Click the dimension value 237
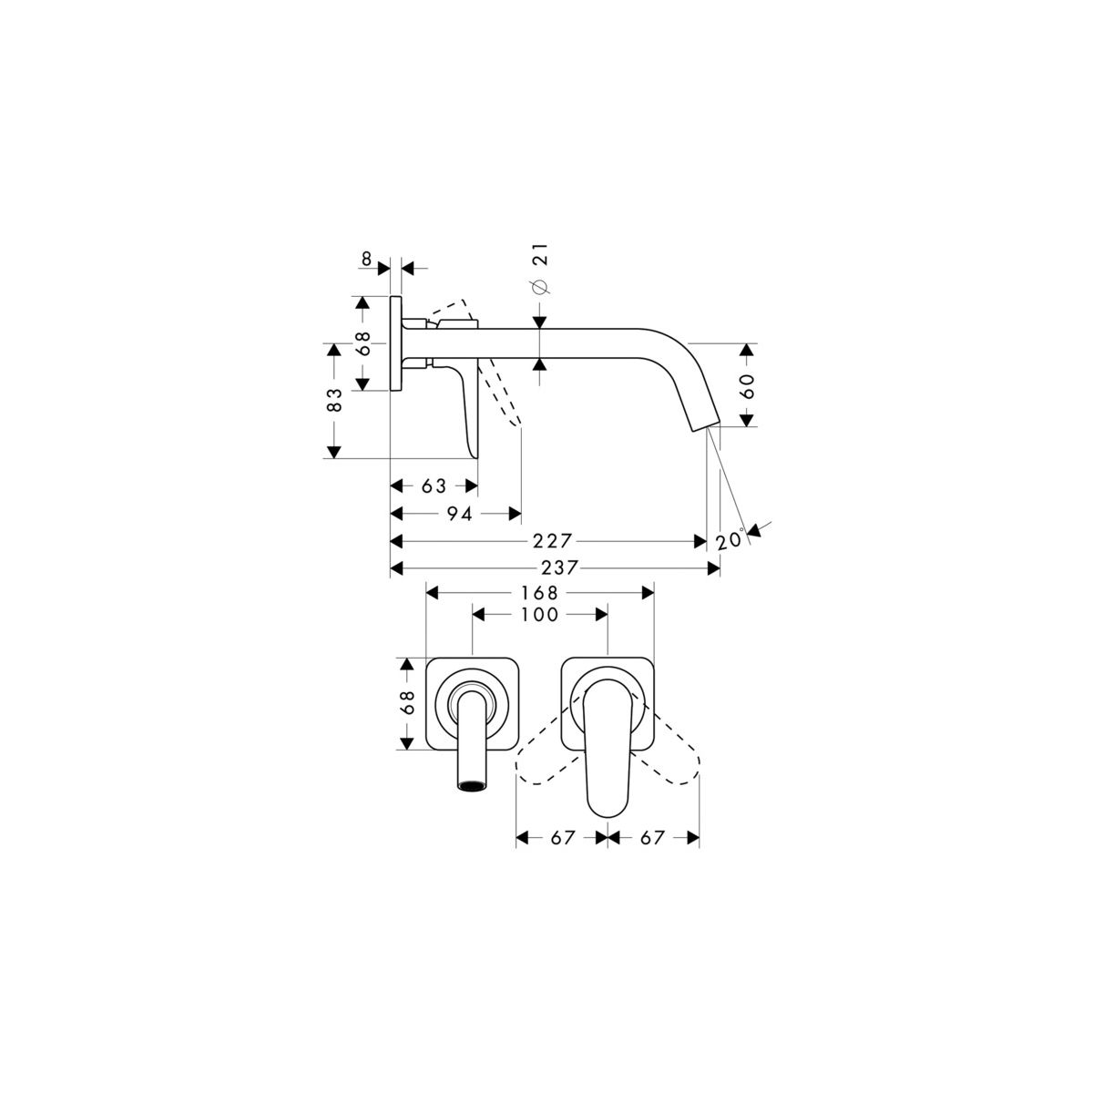coord(558,567)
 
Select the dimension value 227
coord(551,541)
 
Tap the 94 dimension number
coord(459,514)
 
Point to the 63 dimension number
coord(434,486)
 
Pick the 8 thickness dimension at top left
coord(366,260)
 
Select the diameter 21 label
coord(540,269)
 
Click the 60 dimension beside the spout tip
coord(748,386)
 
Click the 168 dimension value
coord(539,593)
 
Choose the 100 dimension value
coord(539,614)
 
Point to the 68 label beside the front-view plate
coord(407,703)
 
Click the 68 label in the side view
coord(363,343)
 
